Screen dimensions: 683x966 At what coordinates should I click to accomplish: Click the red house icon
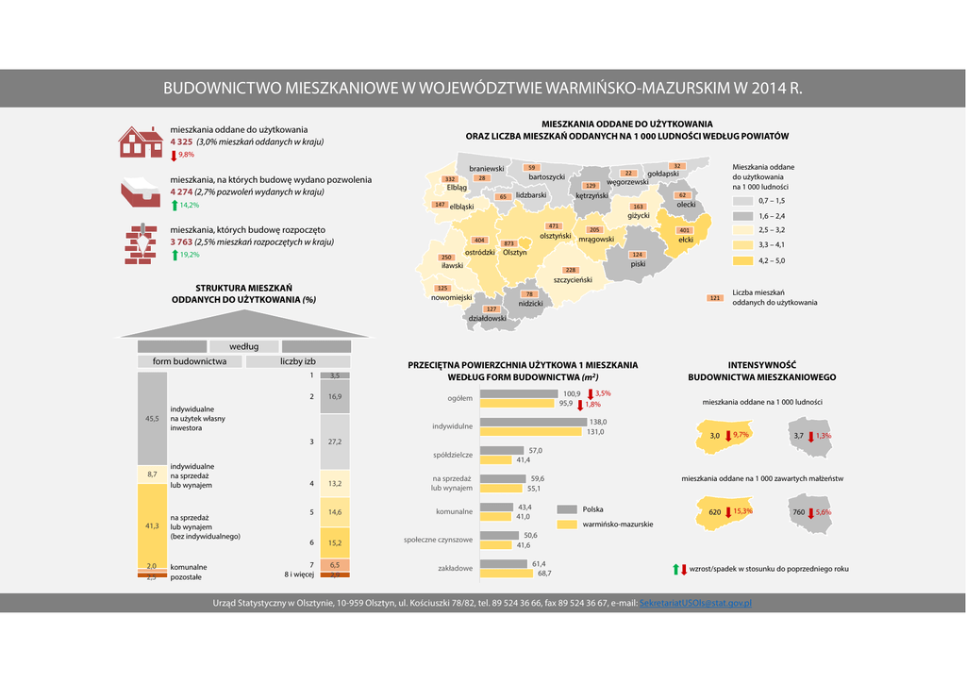coord(141,142)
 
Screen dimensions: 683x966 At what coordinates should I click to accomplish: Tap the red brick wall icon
coord(141,243)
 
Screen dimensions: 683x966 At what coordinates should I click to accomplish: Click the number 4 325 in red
coord(181,142)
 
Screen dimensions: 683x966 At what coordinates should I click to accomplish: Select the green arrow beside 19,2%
coord(175,255)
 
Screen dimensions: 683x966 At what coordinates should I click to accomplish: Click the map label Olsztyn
coord(514,252)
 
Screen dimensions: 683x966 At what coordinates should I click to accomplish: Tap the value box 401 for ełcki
coord(685,230)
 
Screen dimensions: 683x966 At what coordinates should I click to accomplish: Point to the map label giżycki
coord(639,216)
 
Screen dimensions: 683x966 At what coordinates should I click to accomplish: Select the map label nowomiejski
coord(451,297)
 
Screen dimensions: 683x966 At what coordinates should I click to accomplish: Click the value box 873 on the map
coord(508,243)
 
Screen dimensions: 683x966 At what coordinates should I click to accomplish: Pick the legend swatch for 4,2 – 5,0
coord(743,260)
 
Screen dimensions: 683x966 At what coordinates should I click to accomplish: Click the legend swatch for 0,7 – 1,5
coord(743,201)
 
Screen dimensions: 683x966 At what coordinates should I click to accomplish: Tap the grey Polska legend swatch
coord(566,509)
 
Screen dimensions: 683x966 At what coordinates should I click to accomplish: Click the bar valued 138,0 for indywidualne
coord(533,422)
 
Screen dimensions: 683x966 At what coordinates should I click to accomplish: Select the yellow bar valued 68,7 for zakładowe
coord(507,573)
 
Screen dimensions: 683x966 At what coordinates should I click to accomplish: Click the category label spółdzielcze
coord(453,456)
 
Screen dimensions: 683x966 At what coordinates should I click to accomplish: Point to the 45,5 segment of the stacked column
coord(152,417)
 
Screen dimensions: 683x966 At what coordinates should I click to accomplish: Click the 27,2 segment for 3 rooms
coord(335,441)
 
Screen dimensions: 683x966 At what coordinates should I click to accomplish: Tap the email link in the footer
coord(695,602)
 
